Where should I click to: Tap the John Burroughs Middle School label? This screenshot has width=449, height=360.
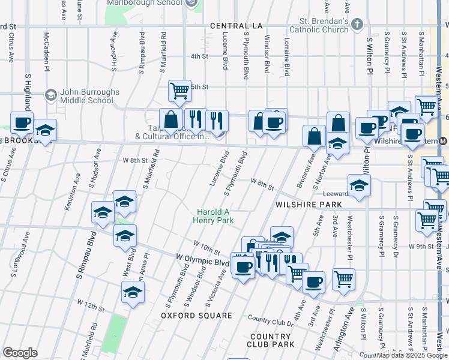(82, 96)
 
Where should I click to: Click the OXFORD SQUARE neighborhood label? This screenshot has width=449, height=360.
(196, 316)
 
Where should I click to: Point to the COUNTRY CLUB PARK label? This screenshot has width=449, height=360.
(270, 340)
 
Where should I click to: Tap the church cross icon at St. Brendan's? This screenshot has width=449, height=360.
(357, 25)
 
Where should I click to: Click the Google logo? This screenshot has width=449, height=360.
(20, 353)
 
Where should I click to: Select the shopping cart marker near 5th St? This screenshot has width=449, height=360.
(179, 91)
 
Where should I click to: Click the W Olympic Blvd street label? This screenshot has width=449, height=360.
(203, 260)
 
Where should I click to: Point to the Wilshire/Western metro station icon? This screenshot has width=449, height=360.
(442, 141)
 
